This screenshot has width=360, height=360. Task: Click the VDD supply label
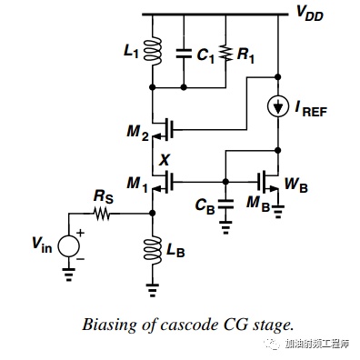point(309,14)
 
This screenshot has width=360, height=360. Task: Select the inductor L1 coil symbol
point(153,51)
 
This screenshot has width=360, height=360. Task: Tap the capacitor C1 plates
point(184,54)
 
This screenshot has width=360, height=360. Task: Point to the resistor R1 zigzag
point(226,54)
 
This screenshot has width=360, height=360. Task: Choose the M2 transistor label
point(138,133)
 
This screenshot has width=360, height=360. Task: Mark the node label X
point(165,159)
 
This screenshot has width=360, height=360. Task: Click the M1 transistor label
point(137,185)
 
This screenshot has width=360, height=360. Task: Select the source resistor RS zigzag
point(102,214)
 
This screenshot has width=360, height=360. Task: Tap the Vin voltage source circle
point(69,246)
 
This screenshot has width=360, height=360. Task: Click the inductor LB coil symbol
point(153,251)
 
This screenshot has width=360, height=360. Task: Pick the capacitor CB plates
point(225,205)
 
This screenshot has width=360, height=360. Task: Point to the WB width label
point(295,185)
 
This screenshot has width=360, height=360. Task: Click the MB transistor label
point(258,203)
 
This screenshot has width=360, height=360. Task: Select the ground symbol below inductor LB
point(153,289)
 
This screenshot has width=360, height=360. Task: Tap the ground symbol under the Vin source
point(69,274)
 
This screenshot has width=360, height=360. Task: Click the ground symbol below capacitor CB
point(225,227)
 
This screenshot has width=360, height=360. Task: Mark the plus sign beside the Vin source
point(81,233)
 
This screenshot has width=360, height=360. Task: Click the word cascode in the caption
point(190,325)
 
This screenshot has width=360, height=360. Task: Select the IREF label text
point(311,108)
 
